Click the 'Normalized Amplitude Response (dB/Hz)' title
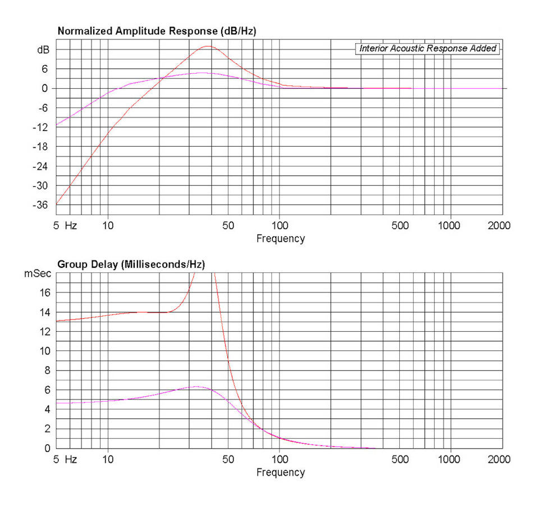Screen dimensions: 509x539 tap(157, 31)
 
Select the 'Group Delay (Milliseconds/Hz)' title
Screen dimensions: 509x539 tap(131, 264)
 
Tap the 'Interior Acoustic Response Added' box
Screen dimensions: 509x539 tap(428, 48)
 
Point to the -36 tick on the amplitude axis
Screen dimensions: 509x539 tap(42, 205)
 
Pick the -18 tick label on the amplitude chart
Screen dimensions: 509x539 tap(42, 147)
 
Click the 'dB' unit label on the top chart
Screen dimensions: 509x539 tap(43, 49)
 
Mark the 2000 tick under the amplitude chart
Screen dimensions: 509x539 tap(499, 226)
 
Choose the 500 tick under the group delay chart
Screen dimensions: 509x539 tap(400, 460)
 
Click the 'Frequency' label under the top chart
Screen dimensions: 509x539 tap(280, 238)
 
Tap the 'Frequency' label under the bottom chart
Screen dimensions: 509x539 tap(280, 472)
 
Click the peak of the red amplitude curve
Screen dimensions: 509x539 tap(208, 46)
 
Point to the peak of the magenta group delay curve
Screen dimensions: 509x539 tap(196, 386)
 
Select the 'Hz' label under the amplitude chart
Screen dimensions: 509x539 tap(71, 226)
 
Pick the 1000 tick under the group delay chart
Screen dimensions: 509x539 tap(449, 460)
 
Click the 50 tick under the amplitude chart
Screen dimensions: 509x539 tap(228, 226)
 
